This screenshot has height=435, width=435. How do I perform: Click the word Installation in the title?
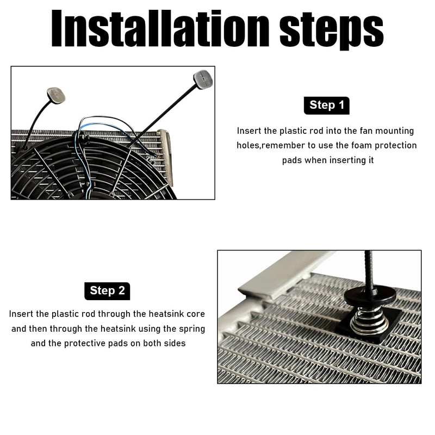pyautogui.click(x=160, y=28)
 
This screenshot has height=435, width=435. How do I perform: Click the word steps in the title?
pyautogui.click(x=332, y=30)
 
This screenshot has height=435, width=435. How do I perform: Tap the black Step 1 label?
pyautogui.click(x=327, y=105)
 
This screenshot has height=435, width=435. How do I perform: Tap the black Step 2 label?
pyautogui.click(x=107, y=291)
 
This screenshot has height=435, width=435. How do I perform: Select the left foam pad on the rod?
pyautogui.click(x=56, y=95)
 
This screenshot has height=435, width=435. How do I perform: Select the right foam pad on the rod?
pyautogui.click(x=203, y=79)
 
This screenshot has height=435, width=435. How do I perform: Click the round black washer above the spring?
pyautogui.click(x=370, y=297)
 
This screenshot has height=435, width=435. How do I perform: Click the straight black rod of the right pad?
pyautogui.click(x=164, y=116)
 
